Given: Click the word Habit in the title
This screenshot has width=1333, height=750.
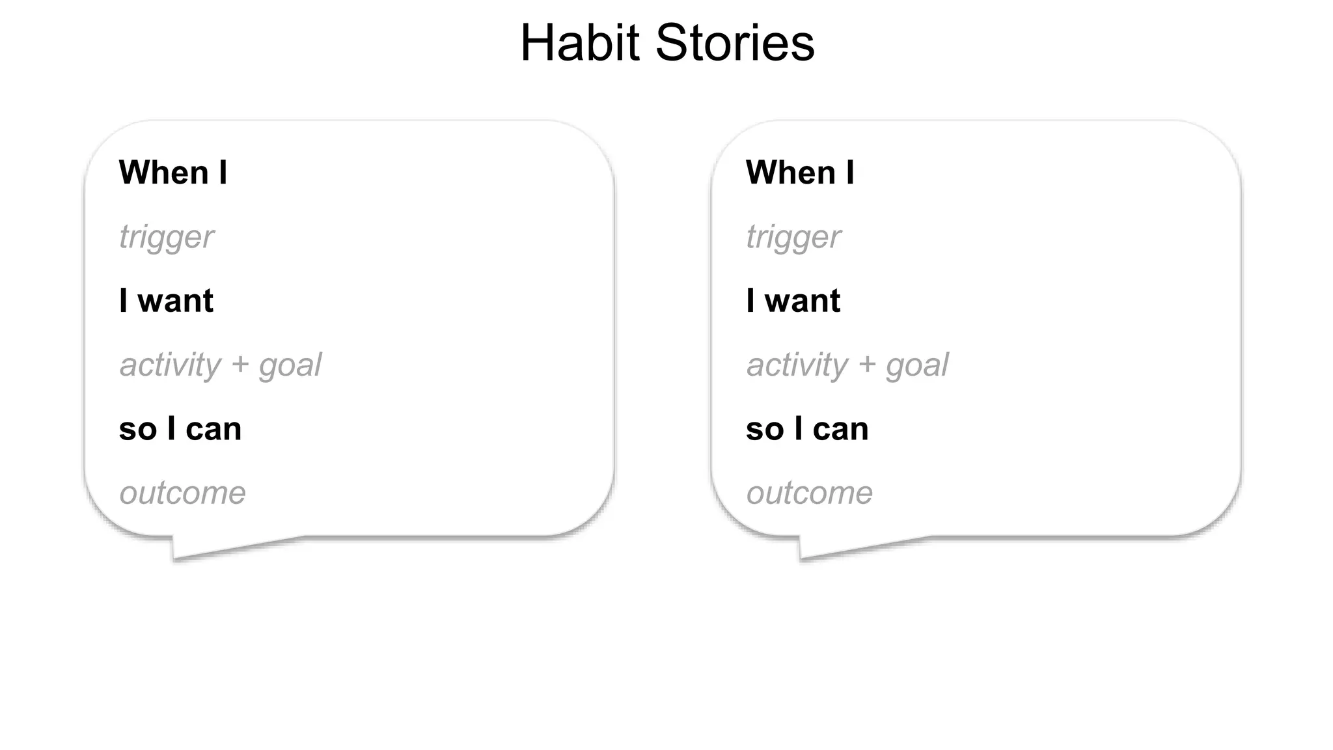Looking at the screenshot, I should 580,43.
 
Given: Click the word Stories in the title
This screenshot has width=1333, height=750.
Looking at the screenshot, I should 735,43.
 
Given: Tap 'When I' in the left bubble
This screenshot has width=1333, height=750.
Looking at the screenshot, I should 173,173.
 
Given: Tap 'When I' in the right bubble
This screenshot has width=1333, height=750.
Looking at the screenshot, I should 800,173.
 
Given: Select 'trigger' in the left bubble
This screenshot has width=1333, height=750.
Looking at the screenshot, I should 167,237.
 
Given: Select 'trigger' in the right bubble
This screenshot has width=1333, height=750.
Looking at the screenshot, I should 793,237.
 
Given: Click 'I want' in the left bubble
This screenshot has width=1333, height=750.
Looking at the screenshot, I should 167,301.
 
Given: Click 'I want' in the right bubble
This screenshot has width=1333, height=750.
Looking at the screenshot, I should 793,301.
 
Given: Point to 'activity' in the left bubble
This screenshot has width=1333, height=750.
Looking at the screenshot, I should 171,365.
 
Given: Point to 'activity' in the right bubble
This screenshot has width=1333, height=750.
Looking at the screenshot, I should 797,365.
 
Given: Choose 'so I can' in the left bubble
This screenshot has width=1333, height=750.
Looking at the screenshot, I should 180,429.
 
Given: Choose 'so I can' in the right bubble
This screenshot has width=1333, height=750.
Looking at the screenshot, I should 807,429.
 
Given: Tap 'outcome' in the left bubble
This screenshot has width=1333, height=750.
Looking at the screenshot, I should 183,493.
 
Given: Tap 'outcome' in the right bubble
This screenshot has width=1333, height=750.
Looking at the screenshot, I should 810,493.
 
